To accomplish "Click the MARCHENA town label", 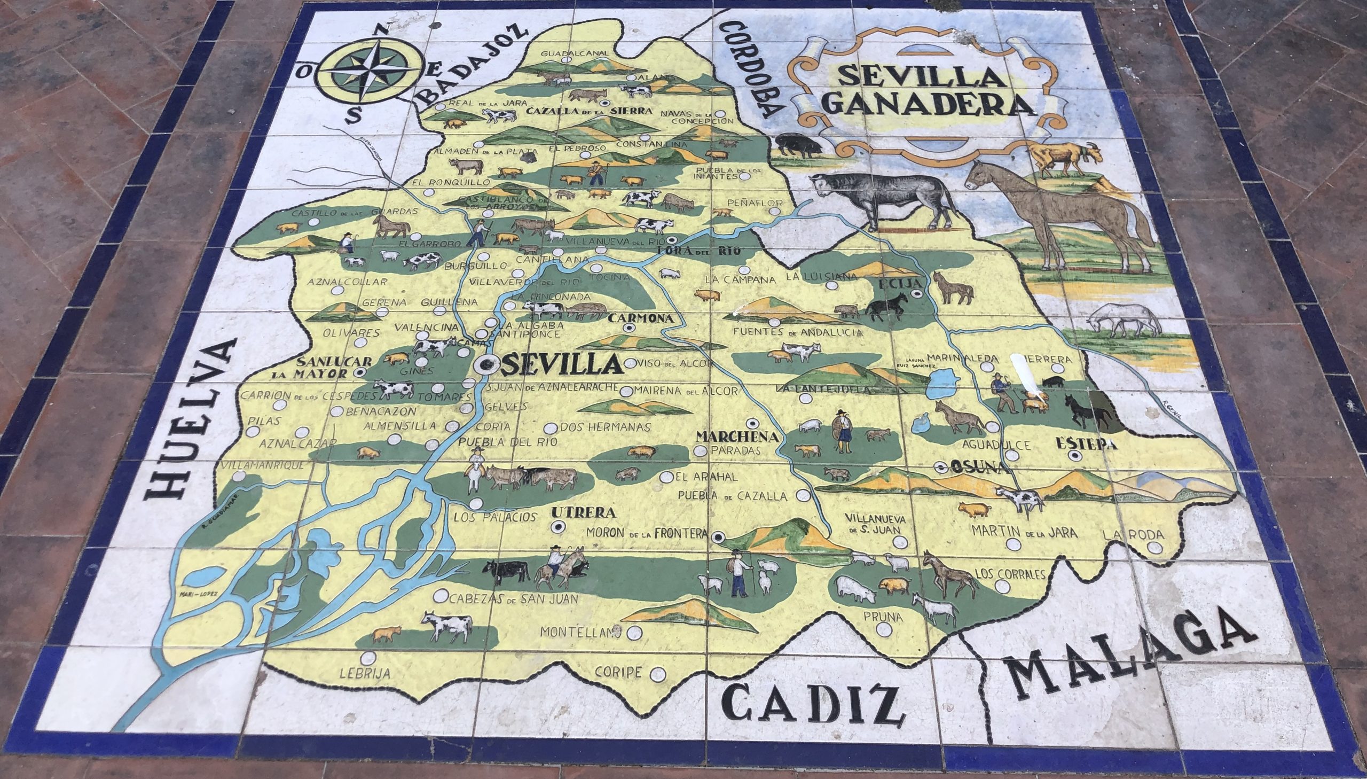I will (x=736, y=437).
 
